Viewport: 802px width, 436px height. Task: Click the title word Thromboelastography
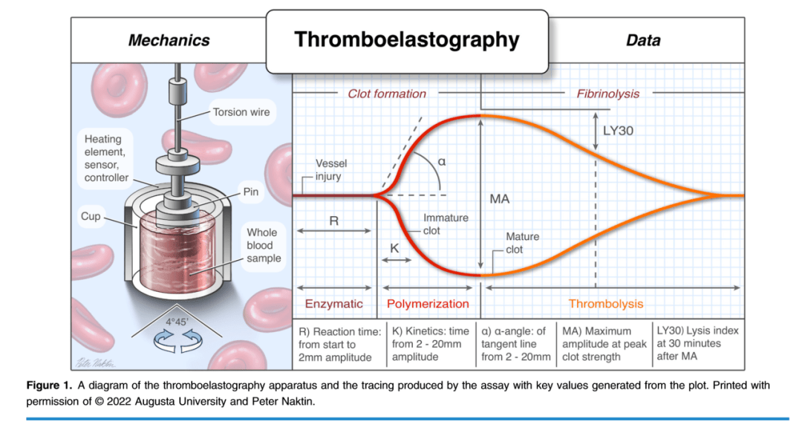coord(407,40)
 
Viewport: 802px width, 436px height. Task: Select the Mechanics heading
coord(169,40)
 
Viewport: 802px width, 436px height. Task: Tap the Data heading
coord(643,40)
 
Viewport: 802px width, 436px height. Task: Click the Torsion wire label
coord(241,112)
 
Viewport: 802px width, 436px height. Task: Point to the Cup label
coord(91,216)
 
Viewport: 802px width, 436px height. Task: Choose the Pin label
coord(251,192)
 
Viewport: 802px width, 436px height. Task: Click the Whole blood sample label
coord(264,245)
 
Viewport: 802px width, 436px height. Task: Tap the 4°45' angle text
coord(177,322)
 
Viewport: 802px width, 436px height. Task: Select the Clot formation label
coord(387,94)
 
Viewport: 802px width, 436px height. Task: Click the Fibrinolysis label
coord(608,94)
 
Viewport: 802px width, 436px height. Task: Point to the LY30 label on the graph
coord(619,131)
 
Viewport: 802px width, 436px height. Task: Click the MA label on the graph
coord(500,199)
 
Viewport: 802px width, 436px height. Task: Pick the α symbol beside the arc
coord(442,162)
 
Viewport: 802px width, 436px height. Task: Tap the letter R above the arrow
coord(334,221)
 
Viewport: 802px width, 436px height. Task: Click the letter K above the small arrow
coord(394,249)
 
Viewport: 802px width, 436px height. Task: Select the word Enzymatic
coord(334,304)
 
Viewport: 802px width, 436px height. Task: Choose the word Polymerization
coord(428,304)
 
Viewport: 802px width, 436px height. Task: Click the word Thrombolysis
coord(606,304)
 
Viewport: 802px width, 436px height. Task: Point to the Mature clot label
coord(522,243)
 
